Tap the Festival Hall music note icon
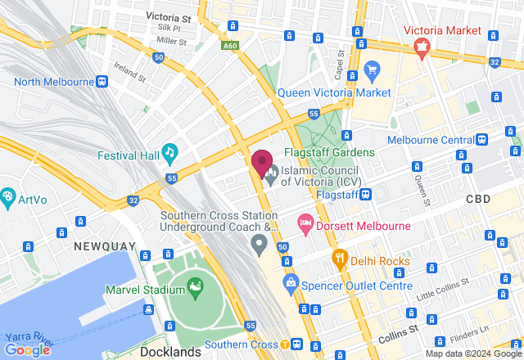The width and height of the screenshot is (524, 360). (169, 151)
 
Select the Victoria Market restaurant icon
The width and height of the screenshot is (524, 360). (422, 47)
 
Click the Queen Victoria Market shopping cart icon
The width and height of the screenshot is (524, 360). (373, 69)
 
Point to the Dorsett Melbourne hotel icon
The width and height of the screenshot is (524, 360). (305, 223)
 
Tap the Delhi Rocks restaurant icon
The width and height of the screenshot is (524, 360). (340, 259)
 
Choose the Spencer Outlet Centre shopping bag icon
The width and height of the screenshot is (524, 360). (289, 284)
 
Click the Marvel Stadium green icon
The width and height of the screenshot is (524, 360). (195, 287)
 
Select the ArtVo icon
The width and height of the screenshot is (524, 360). (7, 197)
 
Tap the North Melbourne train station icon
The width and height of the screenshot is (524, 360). (101, 81)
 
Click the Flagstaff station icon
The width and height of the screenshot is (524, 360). (366, 195)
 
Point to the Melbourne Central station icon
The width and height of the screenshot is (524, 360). (484, 139)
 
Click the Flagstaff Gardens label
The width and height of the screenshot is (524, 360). (329, 152)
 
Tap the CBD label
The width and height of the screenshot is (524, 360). (501, 200)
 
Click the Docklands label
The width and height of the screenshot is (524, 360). (170, 352)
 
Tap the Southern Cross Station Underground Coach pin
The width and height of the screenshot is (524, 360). (259, 243)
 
